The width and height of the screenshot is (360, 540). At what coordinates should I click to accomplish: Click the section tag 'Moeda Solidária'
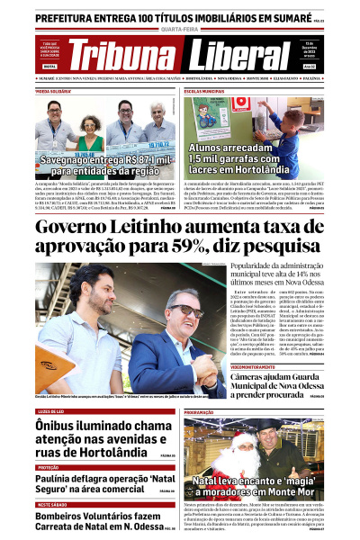[x=55, y=92]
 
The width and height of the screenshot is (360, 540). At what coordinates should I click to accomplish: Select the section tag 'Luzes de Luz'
[x=56, y=411]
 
